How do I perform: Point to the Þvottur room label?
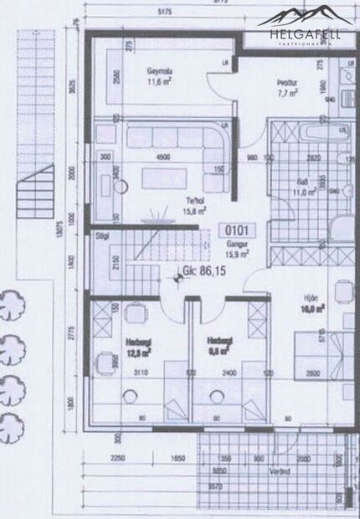[x=289, y=82]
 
